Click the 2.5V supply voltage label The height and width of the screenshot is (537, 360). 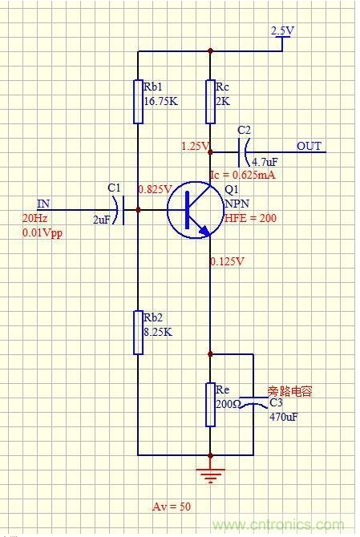(282, 30)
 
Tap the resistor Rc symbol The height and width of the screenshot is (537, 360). (210, 101)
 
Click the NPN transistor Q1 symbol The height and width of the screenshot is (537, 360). (192, 210)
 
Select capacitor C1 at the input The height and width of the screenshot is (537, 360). (118, 210)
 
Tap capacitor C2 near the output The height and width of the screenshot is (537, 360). (245, 148)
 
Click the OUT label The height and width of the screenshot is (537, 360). (309, 146)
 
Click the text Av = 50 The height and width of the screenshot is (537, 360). (172, 507)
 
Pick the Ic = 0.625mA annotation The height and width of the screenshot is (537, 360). (242, 175)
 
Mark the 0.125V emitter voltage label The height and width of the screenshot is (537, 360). (228, 261)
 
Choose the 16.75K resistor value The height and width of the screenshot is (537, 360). (160, 102)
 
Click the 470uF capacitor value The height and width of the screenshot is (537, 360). (284, 417)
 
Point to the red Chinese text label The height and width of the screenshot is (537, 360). (289, 391)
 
